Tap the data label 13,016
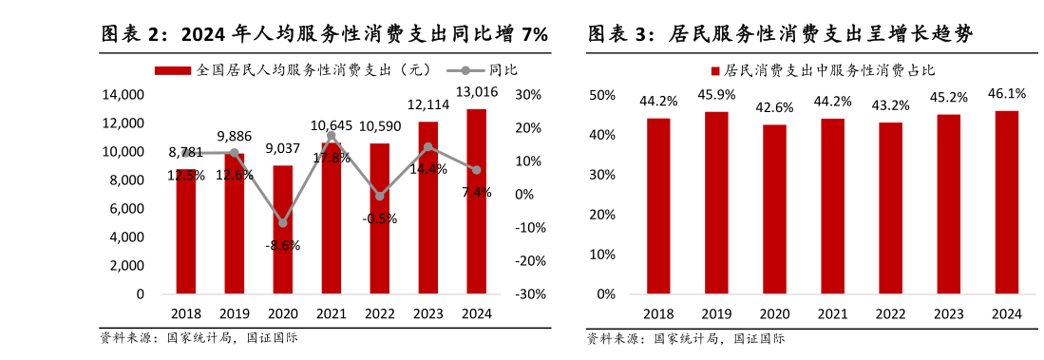476,92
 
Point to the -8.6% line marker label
283,245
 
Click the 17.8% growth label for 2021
332,158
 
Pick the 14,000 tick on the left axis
124,95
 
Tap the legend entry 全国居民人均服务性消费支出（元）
313,69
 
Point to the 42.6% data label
774,107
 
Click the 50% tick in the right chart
602,95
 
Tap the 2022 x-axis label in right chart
890,314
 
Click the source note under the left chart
199,337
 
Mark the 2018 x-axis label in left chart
186,314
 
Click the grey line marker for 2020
283,223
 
